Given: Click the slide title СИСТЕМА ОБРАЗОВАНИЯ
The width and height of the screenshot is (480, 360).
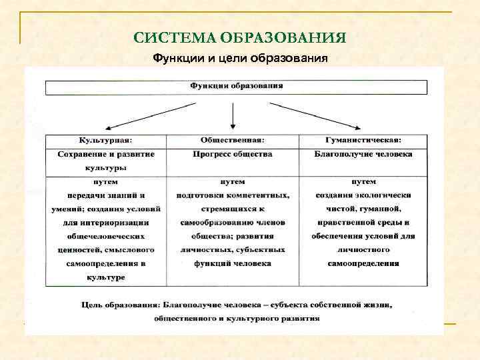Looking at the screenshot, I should [x=240, y=37].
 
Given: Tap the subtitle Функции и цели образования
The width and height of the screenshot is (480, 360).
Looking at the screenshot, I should [x=240, y=58].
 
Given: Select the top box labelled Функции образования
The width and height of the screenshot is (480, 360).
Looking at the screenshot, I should [x=236, y=87].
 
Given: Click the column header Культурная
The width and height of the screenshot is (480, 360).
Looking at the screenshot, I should [x=105, y=140].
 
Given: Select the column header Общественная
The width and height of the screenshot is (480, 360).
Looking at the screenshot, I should [x=233, y=140].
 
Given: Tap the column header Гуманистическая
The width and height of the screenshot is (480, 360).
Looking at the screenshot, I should [x=363, y=140].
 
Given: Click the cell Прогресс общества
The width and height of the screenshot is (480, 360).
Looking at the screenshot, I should [x=233, y=154].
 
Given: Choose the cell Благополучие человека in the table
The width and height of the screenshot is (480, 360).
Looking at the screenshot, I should [x=363, y=154].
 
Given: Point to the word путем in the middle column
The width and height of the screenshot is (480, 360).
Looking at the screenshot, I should [x=233, y=182].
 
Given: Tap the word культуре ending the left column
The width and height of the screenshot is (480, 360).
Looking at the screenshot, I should [x=105, y=277].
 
